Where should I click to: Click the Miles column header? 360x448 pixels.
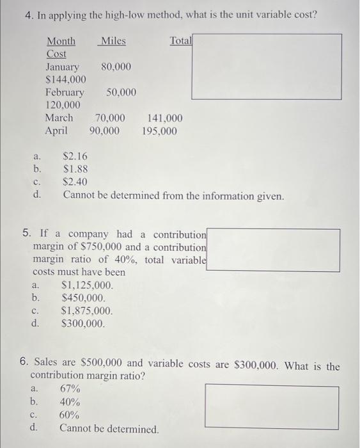pos(113,42)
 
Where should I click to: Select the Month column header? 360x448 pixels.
pos(61,42)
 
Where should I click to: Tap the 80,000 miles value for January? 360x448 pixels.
pos(116,67)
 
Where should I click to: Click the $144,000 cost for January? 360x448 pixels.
pos(67,79)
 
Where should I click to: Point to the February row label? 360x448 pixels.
pos(65,92)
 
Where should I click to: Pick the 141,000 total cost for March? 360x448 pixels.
pos(164,118)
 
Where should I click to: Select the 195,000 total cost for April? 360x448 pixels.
pos(159,131)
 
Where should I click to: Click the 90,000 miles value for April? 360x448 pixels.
pos(104,131)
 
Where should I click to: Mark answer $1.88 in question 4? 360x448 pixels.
pos(75,170)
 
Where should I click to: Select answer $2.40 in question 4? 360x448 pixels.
pos(75,182)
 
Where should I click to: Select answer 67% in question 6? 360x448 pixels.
pos(70,388)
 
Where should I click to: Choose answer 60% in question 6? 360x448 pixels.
pos(70,415)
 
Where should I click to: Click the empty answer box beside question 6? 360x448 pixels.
pos(272,406)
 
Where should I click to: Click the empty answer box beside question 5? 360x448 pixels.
pos(273,250)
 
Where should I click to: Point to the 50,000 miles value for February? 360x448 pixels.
pos(121,92)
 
